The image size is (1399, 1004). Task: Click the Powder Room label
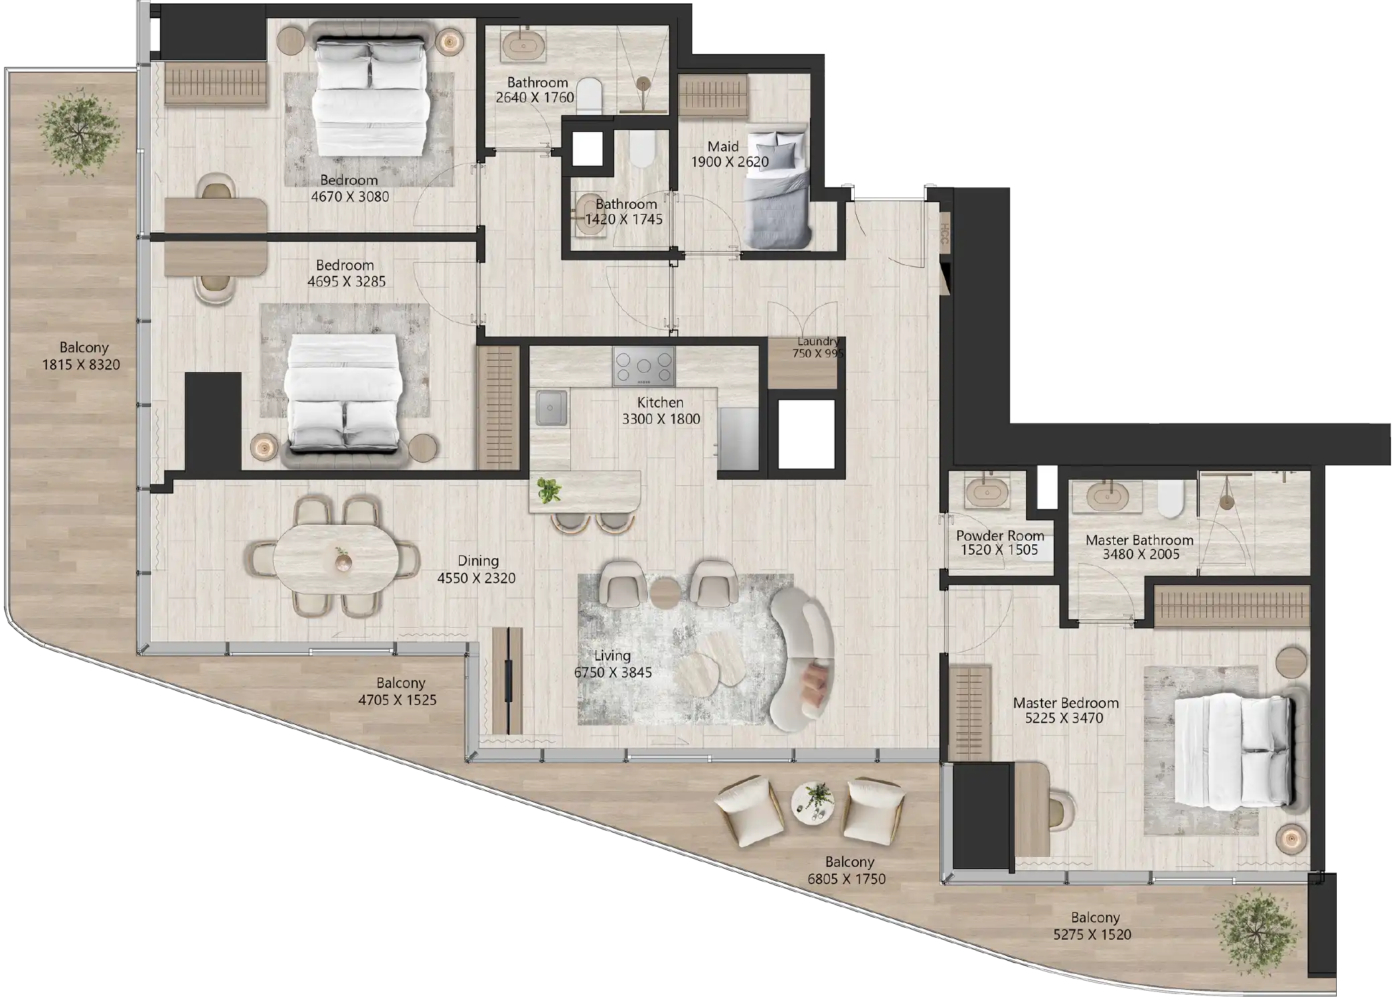point(999,535)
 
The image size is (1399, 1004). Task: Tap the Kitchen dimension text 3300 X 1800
point(661,419)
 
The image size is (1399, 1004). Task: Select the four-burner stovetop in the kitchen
point(643,366)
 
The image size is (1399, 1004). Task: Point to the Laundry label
point(818,341)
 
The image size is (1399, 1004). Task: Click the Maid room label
point(723,147)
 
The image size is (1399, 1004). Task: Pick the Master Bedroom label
point(1066,703)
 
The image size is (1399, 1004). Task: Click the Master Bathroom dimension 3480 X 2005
point(1141,554)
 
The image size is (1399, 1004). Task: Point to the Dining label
point(478,561)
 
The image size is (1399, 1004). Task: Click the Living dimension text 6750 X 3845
point(612,673)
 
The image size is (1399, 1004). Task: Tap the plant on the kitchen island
point(550,491)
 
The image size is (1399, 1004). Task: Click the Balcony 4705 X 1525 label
point(400,683)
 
